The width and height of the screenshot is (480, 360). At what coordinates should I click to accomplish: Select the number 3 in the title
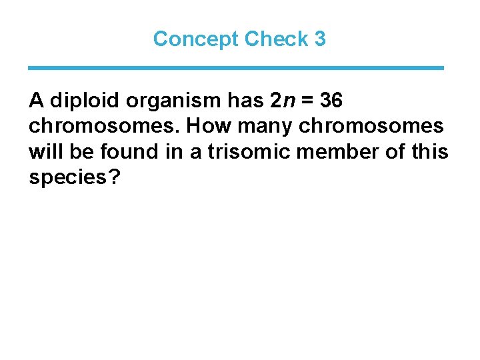coord(320,39)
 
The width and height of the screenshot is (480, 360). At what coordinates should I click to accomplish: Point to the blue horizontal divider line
coord(236,68)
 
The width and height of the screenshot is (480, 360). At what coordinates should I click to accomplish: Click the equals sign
coord(308,101)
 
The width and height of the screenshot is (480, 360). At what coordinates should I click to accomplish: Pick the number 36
coord(331,101)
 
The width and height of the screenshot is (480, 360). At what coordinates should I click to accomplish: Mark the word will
coord(44,152)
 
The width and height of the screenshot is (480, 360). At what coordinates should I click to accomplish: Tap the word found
coord(124,152)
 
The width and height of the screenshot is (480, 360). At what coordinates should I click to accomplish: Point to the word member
coord(329,152)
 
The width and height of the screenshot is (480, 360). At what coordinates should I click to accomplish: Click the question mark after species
coord(112,177)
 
